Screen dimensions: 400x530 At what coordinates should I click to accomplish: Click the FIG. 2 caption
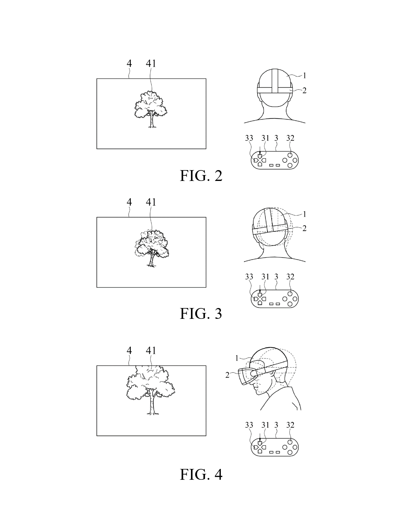201,176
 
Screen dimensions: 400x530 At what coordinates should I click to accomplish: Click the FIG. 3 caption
201,314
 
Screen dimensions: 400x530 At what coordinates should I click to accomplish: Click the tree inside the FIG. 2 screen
151,109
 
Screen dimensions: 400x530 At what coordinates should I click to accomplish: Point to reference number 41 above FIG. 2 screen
151,63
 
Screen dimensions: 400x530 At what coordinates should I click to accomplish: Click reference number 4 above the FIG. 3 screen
129,202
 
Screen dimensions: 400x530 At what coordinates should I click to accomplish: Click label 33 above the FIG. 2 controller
249,138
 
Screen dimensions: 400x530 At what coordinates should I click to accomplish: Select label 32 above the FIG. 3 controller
290,277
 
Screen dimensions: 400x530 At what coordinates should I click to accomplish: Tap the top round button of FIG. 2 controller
290,155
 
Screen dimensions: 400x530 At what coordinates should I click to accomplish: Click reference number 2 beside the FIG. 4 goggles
227,375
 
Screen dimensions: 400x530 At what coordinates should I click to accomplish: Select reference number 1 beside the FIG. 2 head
305,76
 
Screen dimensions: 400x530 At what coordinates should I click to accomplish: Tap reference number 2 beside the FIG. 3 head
305,228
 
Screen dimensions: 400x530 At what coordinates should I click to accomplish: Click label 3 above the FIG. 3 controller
276,277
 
